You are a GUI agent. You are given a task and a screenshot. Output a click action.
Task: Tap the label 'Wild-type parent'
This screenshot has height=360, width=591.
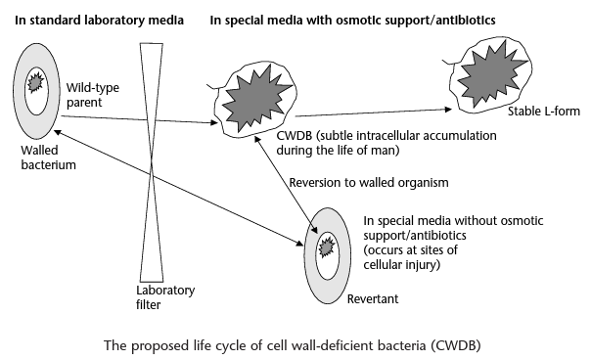pos(86,95)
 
